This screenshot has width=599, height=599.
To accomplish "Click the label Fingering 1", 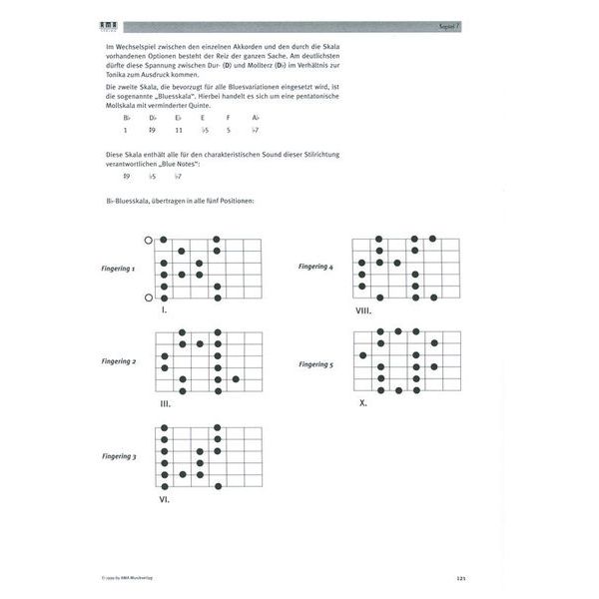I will [x=118, y=270].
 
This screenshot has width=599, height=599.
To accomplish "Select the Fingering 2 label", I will [x=118, y=361].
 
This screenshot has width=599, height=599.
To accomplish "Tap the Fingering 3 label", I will [x=118, y=456].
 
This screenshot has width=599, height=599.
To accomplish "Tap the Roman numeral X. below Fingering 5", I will [x=363, y=402].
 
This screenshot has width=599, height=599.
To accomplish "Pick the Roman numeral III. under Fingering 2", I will [x=165, y=404].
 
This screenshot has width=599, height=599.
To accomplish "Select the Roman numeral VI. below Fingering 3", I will [x=164, y=498].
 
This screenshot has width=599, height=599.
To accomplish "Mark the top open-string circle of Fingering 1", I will [x=149, y=241].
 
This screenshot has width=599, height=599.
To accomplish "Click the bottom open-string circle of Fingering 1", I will [x=149, y=298].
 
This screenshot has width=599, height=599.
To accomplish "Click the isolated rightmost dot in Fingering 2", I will [x=236, y=379].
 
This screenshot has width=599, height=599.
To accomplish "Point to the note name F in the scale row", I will [x=228, y=118].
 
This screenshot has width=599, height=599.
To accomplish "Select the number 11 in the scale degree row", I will [x=179, y=131].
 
